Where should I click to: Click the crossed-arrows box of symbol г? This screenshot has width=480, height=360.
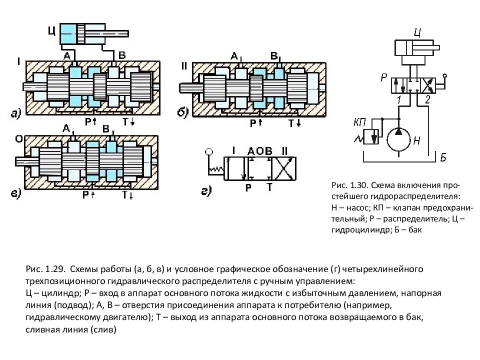pos(284,169)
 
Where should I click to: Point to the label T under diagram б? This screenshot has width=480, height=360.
pos(291,123)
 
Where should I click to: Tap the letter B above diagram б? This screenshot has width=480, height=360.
pos(273,55)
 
